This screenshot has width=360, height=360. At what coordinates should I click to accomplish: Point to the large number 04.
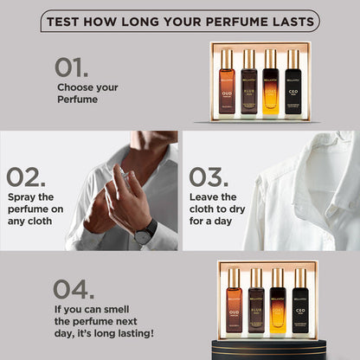point(75,288)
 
